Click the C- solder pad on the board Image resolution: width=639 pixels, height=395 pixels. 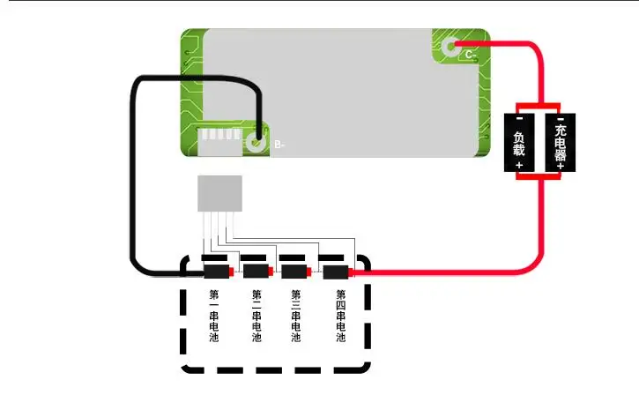pyautogui.click(x=450, y=47)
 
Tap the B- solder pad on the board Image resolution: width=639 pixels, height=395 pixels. pyautogui.click(x=256, y=143)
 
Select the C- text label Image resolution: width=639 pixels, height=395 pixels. pyautogui.click(x=471, y=55)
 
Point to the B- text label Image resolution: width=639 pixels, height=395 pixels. pyautogui.click(x=279, y=145)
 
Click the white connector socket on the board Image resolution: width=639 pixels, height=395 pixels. pyautogui.click(x=220, y=141)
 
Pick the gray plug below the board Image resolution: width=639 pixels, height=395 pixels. pyautogui.click(x=220, y=194)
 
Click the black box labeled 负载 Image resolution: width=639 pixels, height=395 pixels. pyautogui.click(x=519, y=143)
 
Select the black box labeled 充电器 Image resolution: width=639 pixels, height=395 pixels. pyautogui.click(x=561, y=143)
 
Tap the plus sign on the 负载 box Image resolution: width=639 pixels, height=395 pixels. pyautogui.click(x=519, y=165)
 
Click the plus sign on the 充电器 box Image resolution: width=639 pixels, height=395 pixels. pyautogui.click(x=561, y=166)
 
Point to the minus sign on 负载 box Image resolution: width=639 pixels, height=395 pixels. pyautogui.click(x=520, y=119)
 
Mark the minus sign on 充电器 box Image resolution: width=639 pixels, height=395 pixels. pyautogui.click(x=561, y=119)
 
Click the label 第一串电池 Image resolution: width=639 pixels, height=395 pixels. pyautogui.click(x=214, y=316)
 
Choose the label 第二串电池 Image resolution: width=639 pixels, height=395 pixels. pyautogui.click(x=256, y=316)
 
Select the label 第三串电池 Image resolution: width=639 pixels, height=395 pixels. pyautogui.click(x=296, y=316)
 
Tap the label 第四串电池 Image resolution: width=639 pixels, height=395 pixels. pyautogui.click(x=341, y=316)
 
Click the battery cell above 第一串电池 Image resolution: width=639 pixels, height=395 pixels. pyautogui.click(x=219, y=272)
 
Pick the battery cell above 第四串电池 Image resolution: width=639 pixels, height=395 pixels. pyautogui.click(x=338, y=272)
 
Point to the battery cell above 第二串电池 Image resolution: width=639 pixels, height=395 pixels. pyautogui.click(x=258, y=271)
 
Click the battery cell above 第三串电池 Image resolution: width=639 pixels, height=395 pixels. pyautogui.click(x=297, y=272)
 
